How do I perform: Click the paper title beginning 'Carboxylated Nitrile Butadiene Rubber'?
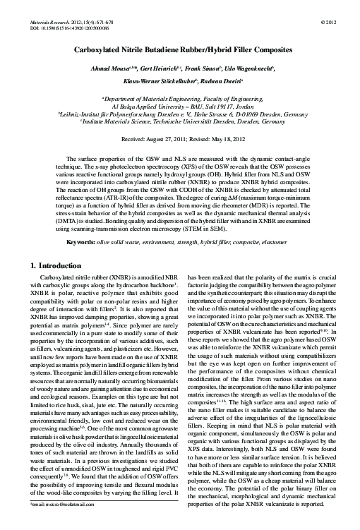point(179,52)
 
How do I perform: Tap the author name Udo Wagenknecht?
point(251,72)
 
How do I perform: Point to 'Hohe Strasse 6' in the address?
point(212,122)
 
